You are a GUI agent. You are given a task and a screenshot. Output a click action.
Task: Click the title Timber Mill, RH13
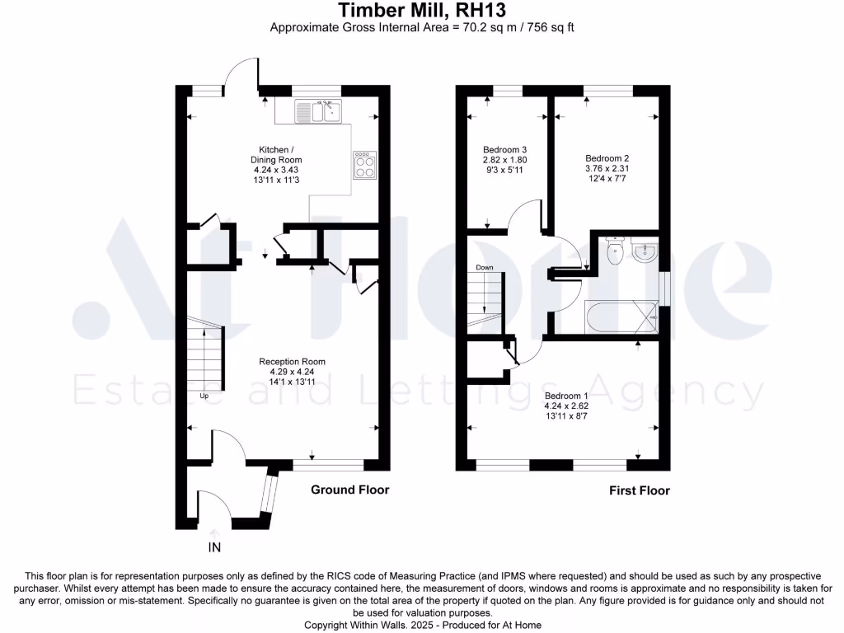(422, 11)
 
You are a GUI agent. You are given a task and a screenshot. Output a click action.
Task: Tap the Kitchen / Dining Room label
(276, 154)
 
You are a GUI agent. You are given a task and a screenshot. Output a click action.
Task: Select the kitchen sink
(319, 110)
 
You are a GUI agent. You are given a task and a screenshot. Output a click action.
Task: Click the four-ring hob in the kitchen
(364, 166)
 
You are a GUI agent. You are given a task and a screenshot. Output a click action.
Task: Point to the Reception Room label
(292, 362)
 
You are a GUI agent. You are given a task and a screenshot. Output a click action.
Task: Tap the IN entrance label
(214, 546)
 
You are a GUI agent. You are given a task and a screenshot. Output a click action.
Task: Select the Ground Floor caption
(349, 490)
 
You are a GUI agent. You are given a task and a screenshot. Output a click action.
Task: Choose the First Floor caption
(639, 490)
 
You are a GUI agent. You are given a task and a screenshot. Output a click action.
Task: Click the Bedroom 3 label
(504, 149)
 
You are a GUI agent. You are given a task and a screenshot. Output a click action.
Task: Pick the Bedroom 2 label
(607, 158)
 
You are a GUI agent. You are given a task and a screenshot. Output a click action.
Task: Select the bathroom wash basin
(646, 251)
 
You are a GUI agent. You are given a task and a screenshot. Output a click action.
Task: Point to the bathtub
(622, 316)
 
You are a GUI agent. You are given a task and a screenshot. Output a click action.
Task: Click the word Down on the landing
(485, 268)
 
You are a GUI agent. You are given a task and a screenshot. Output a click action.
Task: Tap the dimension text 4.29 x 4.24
(292, 373)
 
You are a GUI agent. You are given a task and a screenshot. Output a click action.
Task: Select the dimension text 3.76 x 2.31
(607, 169)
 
